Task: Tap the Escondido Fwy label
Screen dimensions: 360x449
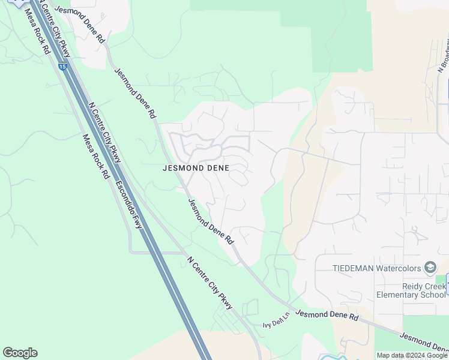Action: [x=130, y=205]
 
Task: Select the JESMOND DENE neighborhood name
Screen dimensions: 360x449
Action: [x=196, y=169]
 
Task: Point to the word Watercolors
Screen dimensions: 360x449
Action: [x=402, y=268]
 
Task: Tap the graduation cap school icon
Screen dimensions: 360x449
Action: [x=430, y=267]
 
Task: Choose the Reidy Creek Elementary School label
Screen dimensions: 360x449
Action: [x=411, y=290]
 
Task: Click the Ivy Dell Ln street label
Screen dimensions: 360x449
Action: [x=276, y=321]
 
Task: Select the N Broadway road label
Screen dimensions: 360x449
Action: [x=443, y=54]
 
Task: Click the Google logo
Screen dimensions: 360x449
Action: [x=20, y=353]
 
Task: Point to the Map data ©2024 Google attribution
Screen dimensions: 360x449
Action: [x=412, y=355]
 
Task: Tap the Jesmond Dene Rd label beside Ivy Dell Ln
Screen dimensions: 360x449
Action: [x=327, y=315]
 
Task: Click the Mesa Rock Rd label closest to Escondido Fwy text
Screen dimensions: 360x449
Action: [x=95, y=156]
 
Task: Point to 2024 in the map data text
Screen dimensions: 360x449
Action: [x=419, y=355]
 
